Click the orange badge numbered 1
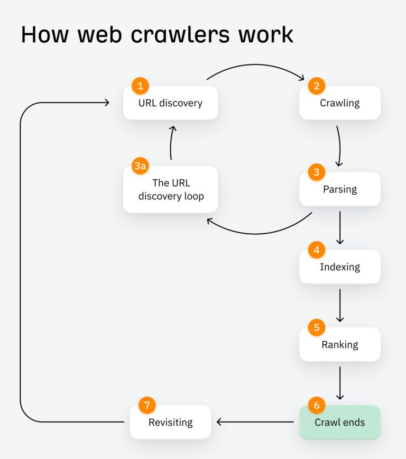(140, 86)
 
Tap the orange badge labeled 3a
(140, 166)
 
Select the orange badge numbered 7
(147, 405)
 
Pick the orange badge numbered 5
(317, 327)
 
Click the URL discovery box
(170, 103)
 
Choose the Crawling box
(340, 103)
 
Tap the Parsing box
(340, 189)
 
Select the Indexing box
(340, 267)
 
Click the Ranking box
(340, 345)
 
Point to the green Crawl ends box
(340, 422)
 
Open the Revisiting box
(170, 422)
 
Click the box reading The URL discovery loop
(170, 189)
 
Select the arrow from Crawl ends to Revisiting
(255, 422)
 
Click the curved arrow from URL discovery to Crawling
(255, 65)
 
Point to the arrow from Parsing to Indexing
(340, 228)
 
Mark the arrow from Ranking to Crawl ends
(340, 383)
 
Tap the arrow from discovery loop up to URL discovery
(171, 143)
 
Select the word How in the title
(45, 34)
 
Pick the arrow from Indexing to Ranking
(340, 305)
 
